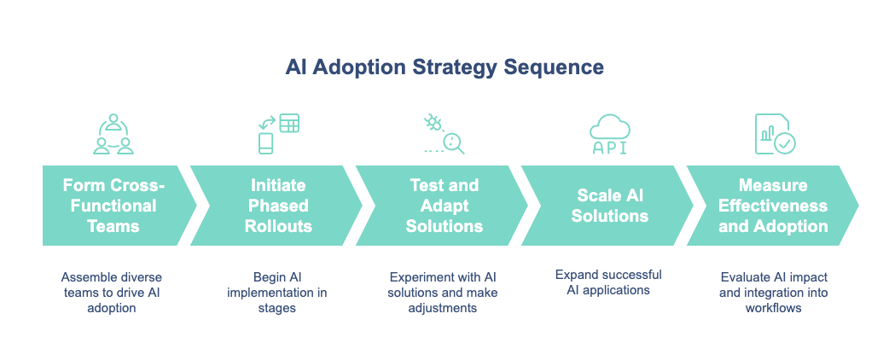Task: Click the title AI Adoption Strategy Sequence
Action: click(x=444, y=68)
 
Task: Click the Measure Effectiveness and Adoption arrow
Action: click(x=772, y=206)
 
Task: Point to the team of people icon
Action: click(x=113, y=134)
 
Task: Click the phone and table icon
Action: click(x=278, y=134)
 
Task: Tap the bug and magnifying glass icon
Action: click(x=444, y=134)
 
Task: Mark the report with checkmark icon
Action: click(x=774, y=134)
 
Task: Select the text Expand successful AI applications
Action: click(x=608, y=282)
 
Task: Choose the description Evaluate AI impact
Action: click(x=773, y=292)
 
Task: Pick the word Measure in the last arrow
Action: click(x=772, y=185)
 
